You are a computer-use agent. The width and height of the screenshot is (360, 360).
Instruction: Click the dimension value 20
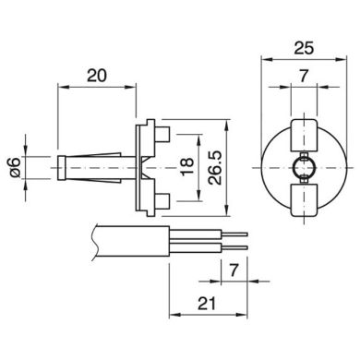click(x=97, y=76)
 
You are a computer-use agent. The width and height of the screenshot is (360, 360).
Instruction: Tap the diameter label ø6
click(x=15, y=167)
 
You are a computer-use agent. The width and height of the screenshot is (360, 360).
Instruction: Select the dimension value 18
click(x=187, y=167)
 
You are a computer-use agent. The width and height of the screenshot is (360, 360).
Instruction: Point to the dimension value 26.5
click(x=214, y=168)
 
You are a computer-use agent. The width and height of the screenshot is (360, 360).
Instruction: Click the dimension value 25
click(x=304, y=48)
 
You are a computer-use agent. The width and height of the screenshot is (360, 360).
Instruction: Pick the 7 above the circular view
click(x=304, y=76)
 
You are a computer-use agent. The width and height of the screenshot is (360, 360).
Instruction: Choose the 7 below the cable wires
click(x=234, y=270)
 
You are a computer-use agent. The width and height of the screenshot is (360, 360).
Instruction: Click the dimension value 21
click(x=207, y=304)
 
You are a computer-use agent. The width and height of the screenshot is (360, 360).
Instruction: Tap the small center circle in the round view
click(x=304, y=168)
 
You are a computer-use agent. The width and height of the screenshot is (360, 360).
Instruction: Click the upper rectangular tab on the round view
click(x=304, y=135)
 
